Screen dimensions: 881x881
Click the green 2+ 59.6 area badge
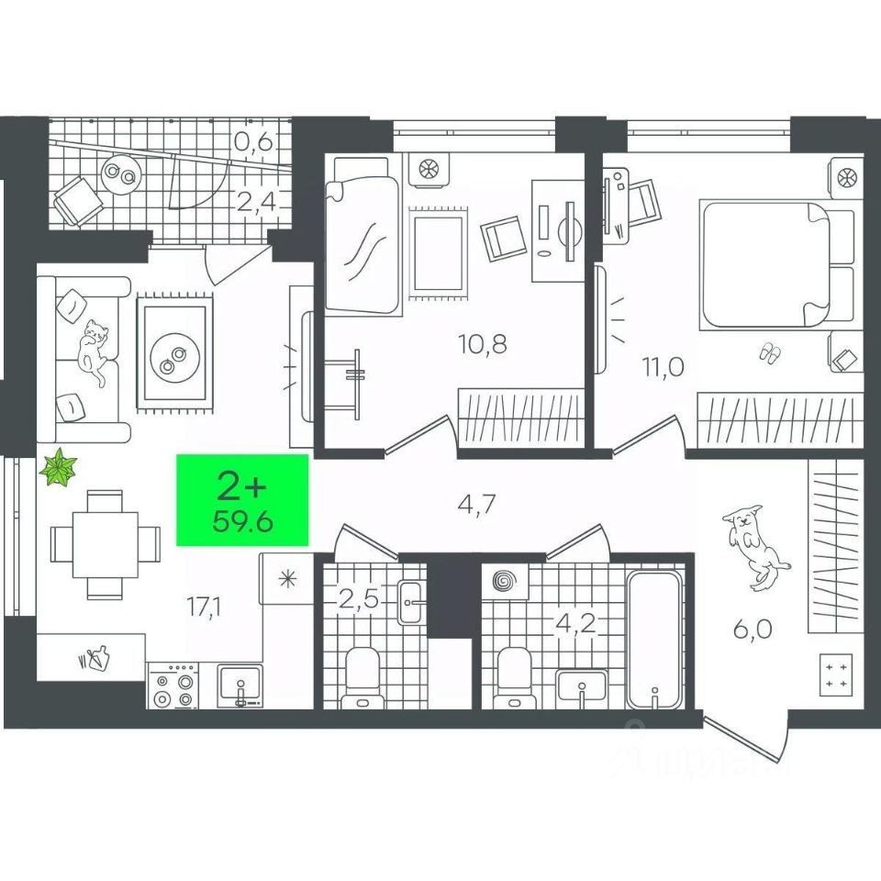[x=243, y=499]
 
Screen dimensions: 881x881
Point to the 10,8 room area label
[x=483, y=344]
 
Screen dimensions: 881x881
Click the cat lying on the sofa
[x=95, y=349]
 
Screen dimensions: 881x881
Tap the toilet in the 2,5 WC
[x=362, y=679]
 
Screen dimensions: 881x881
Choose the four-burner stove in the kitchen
[x=174, y=689]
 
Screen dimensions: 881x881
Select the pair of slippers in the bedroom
[x=769, y=351]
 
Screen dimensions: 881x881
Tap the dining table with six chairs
[x=95, y=543]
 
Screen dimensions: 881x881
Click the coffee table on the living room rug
[x=173, y=351]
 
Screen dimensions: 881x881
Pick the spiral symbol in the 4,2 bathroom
[x=504, y=582]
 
